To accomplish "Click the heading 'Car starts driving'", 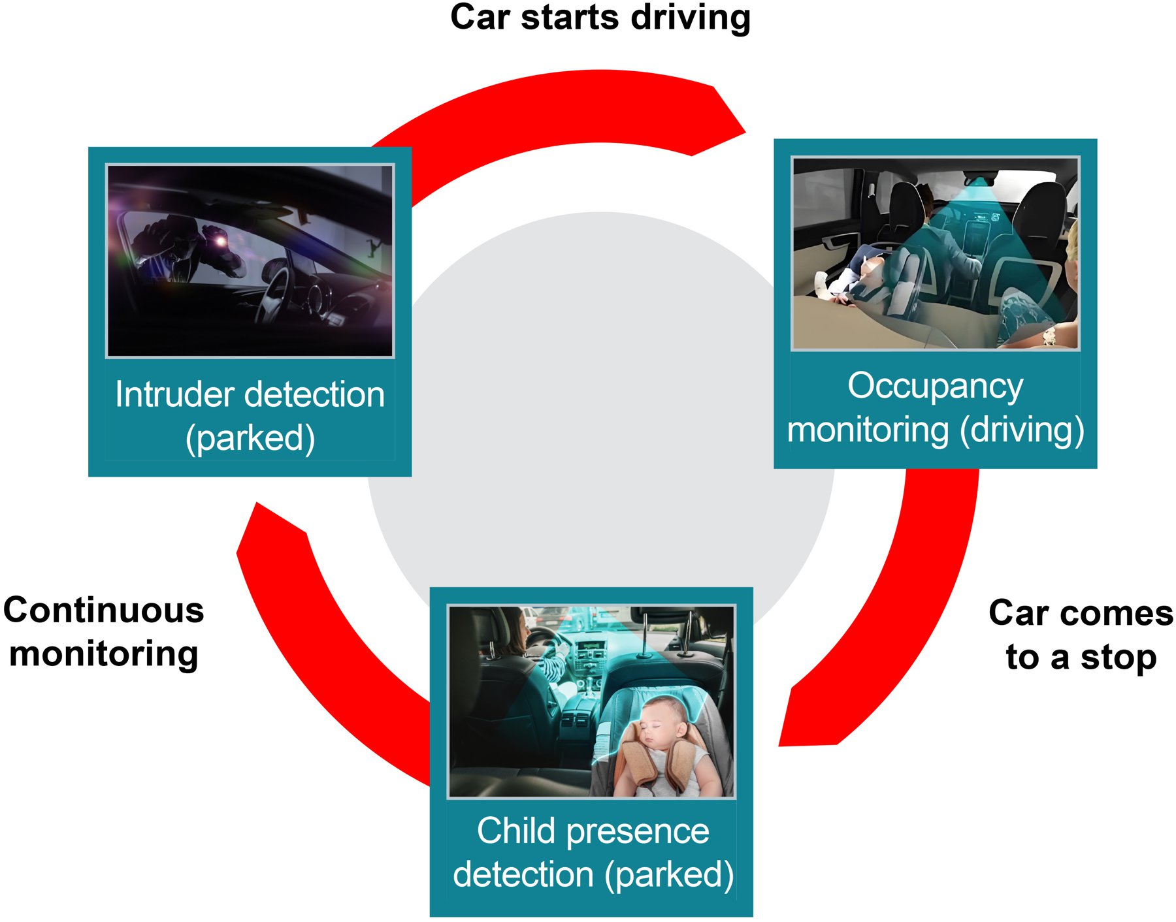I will (x=600, y=18).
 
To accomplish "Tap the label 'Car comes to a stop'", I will (x=1081, y=634).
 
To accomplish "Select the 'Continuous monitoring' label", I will (x=103, y=631).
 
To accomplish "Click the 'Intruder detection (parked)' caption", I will (x=250, y=416).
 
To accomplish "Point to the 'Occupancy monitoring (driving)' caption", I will (x=935, y=407).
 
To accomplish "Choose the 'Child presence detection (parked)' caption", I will (x=593, y=852).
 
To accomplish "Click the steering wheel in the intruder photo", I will (x=275, y=294).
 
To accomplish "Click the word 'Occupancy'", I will (x=935, y=386).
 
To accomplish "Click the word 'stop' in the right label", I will (x=1118, y=657).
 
